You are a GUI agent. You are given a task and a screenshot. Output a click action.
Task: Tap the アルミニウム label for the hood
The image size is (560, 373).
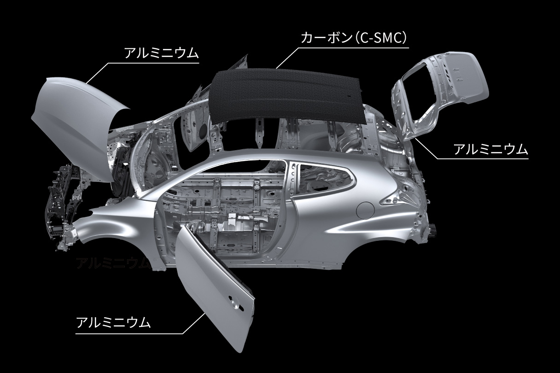point(162,53)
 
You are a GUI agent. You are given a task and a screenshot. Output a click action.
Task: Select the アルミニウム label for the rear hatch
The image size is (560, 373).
point(491,149)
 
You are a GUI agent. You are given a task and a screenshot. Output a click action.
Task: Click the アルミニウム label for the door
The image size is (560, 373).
point(113,322)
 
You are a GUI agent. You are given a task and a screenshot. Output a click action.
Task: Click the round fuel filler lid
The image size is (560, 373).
point(365,210)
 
